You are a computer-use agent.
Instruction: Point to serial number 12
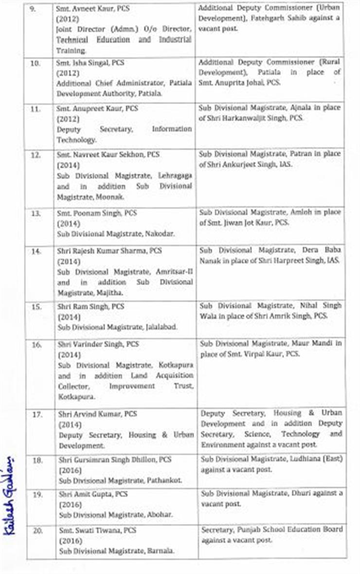pyautogui.click(x=36, y=155)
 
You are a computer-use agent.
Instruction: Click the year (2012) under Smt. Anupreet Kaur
pyautogui.click(x=67, y=118)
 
